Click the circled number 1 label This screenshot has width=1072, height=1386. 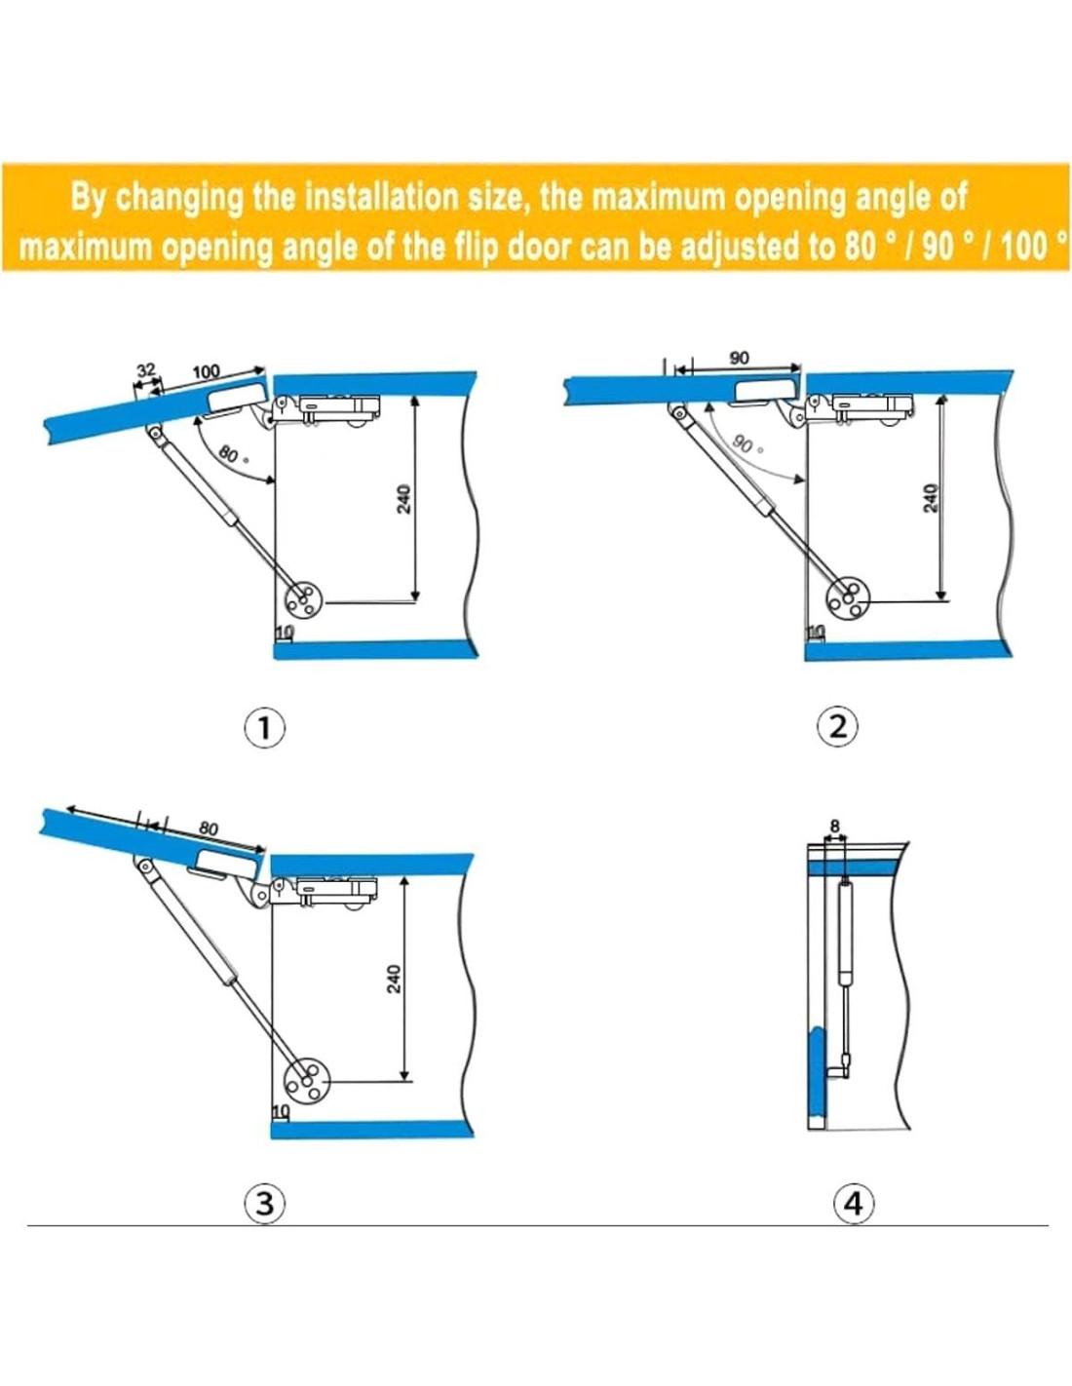[x=264, y=728]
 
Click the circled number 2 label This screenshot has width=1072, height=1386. [x=838, y=727]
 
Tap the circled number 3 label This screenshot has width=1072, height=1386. [x=264, y=1204]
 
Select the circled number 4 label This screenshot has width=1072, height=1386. [x=854, y=1204]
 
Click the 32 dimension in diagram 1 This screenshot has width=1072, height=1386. [x=146, y=371]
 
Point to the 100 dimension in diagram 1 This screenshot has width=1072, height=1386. [x=206, y=371]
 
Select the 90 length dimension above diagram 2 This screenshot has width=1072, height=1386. [x=739, y=358]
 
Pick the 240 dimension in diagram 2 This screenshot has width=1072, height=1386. [x=932, y=498]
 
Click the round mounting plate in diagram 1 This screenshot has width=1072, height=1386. [x=303, y=600]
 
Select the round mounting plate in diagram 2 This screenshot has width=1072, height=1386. [x=848, y=599]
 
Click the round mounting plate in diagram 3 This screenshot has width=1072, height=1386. [x=304, y=1082]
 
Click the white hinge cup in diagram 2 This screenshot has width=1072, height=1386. [x=765, y=392]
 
